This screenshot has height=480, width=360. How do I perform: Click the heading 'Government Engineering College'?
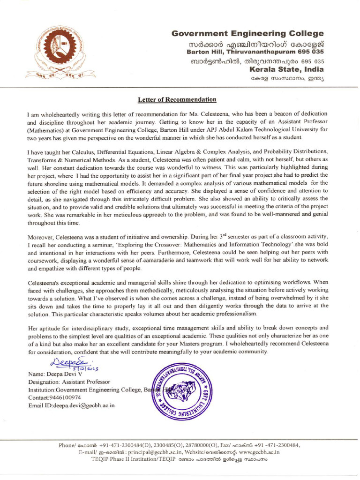(247, 34)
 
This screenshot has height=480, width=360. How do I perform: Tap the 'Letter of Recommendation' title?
(177, 99)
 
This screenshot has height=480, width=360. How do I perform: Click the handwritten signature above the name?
(64, 361)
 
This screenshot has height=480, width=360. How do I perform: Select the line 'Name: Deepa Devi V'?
(55, 375)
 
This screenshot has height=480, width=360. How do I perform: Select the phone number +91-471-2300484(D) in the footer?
(119, 445)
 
